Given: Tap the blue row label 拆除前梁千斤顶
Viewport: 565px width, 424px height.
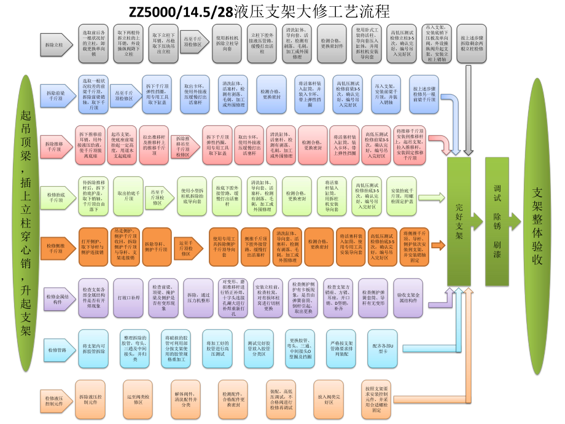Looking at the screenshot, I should [57, 94].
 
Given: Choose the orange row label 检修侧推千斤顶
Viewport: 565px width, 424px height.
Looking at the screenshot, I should [57, 247].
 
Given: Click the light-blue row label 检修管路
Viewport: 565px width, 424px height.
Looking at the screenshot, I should [57, 350].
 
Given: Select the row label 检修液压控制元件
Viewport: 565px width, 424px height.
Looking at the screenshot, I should [56, 400].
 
